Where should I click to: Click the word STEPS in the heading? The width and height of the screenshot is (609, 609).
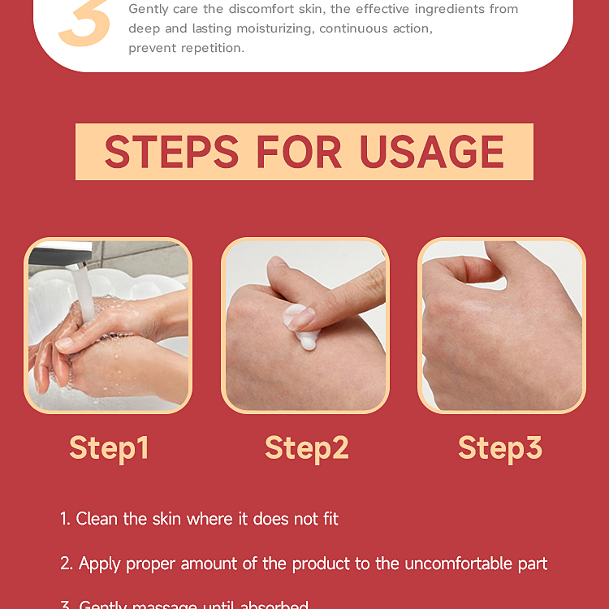click(x=171, y=152)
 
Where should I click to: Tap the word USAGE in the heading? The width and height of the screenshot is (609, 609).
click(x=432, y=152)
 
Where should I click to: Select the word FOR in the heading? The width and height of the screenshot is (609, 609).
click(x=299, y=152)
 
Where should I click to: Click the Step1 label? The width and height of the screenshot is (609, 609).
click(x=109, y=448)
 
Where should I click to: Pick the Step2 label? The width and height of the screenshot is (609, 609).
click(x=306, y=448)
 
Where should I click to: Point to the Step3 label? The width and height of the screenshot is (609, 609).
click(x=500, y=448)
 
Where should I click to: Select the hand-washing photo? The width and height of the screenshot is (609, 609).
click(x=108, y=325)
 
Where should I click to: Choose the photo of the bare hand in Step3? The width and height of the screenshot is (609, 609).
click(x=502, y=325)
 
